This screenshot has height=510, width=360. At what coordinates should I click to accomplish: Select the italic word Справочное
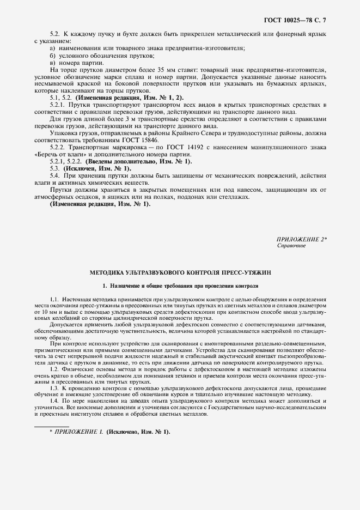(x=291, y=246)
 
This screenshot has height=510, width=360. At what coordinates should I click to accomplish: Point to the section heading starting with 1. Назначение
(x=180, y=286)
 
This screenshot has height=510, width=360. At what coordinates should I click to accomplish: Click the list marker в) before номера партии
(x=53, y=63)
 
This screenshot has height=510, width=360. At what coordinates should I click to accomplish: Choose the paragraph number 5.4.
(x=54, y=176)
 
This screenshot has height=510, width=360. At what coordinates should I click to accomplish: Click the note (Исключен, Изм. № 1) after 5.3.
(x=96, y=169)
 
